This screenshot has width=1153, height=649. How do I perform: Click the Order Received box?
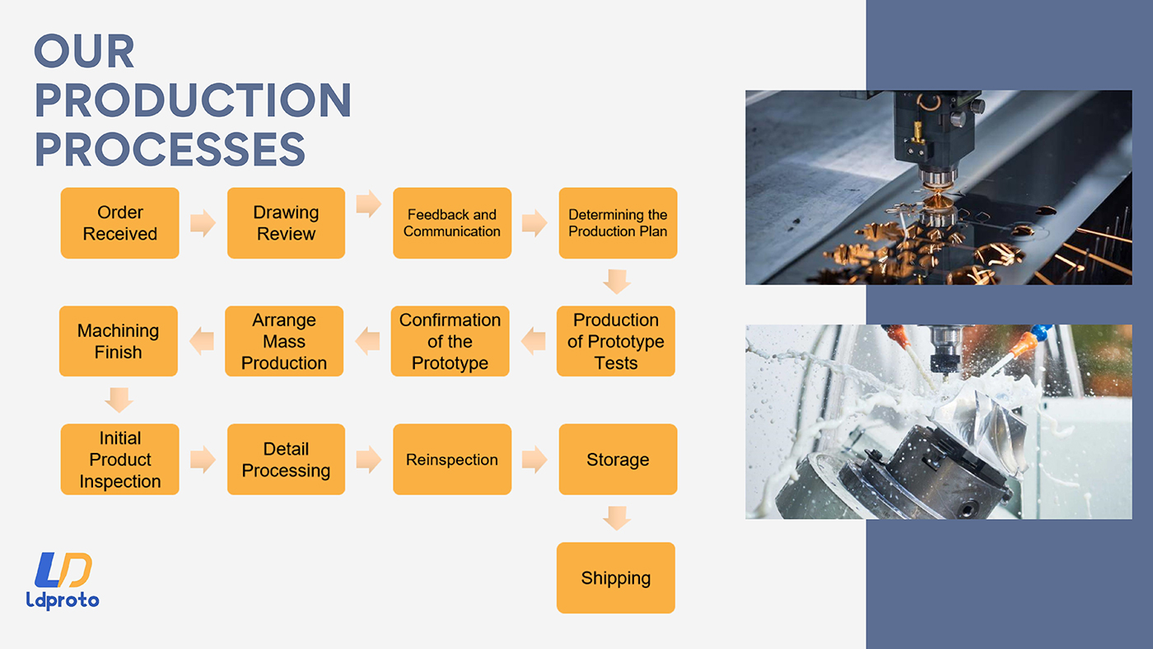tap(120, 223)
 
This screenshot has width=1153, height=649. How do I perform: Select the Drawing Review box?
tap(287, 223)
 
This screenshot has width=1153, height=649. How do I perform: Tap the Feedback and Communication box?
tap(452, 223)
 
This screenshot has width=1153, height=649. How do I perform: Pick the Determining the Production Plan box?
tap(618, 223)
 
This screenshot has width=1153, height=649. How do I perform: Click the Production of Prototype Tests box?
tap(616, 341)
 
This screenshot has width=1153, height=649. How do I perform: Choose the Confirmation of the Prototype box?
tap(450, 341)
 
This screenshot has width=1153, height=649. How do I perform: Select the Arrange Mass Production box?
tap(284, 341)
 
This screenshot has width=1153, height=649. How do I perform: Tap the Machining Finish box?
tap(119, 341)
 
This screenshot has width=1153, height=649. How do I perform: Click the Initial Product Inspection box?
tap(120, 459)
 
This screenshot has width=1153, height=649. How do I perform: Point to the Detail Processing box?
tap(287, 459)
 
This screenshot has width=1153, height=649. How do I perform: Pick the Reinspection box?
tap(452, 459)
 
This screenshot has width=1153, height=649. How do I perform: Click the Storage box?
tap(618, 459)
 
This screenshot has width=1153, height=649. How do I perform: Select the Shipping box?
tap(616, 577)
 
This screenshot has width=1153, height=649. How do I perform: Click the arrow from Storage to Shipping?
tap(617, 518)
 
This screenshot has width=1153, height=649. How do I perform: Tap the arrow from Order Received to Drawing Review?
tap(203, 223)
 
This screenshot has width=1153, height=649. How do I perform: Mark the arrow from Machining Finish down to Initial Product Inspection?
tap(119, 400)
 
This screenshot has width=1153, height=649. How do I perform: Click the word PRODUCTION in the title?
tap(193, 100)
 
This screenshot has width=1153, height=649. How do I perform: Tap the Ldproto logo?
tap(63, 581)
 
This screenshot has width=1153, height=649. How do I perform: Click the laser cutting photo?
tap(938, 187)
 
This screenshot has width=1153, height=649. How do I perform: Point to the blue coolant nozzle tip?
tap(1041, 332)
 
